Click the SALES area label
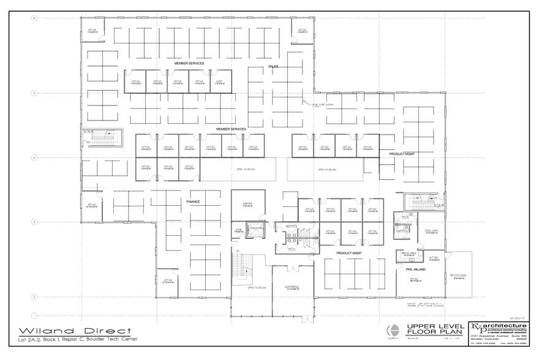[273, 67]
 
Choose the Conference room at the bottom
[291, 288]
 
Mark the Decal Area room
[410, 253]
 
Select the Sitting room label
[433, 258]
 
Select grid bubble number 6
[34, 18]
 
